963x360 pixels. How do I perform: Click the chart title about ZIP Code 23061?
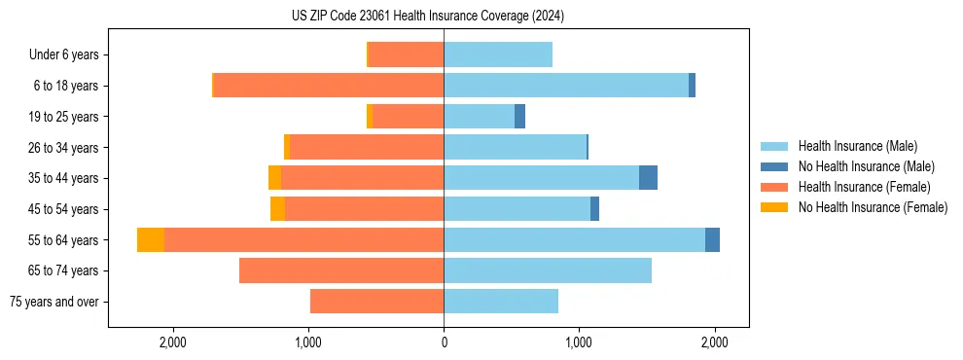[427, 17]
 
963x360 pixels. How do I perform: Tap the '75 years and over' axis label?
[54, 302]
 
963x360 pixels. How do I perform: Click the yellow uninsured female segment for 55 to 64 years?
[151, 240]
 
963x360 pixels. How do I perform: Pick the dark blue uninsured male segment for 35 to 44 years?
[648, 178]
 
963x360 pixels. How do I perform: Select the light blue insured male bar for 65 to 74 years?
[548, 270]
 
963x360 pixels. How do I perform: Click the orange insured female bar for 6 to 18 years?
[329, 86]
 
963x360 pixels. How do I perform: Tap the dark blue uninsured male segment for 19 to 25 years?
[519, 117]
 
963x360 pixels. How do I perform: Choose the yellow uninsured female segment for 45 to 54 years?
[277, 209]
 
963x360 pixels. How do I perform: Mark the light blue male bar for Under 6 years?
[498, 55]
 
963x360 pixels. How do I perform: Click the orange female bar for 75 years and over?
[377, 302]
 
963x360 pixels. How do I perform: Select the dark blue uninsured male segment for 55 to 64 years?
[712, 240]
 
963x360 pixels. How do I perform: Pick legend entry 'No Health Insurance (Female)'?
[873, 207]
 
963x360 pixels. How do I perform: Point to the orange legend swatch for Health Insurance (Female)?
[774, 187]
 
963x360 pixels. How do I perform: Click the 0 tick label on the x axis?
[444, 342]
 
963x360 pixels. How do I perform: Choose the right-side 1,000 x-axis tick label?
[579, 342]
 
